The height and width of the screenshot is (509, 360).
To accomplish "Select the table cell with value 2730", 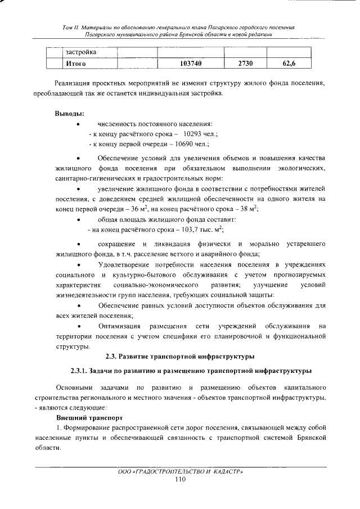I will pyautogui.click(x=245, y=64).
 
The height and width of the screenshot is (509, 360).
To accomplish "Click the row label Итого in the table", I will pyautogui.click(x=76, y=64).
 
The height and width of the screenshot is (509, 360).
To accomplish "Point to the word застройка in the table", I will pyautogui.click(x=81, y=52).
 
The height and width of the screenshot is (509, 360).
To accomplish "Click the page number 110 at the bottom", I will pyautogui.click(x=180, y=479).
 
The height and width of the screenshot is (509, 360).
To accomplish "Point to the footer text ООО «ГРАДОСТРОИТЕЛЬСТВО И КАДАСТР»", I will pyautogui.click(x=180, y=471).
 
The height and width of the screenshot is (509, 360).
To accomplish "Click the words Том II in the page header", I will pyautogui.click(x=70, y=27).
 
